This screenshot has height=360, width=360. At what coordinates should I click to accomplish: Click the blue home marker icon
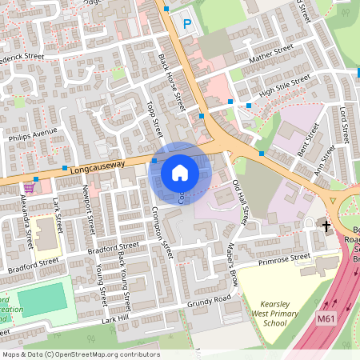[x=180, y=173]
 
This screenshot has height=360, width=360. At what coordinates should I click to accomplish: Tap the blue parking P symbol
[x=188, y=25]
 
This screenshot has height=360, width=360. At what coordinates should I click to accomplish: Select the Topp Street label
[x=156, y=119]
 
